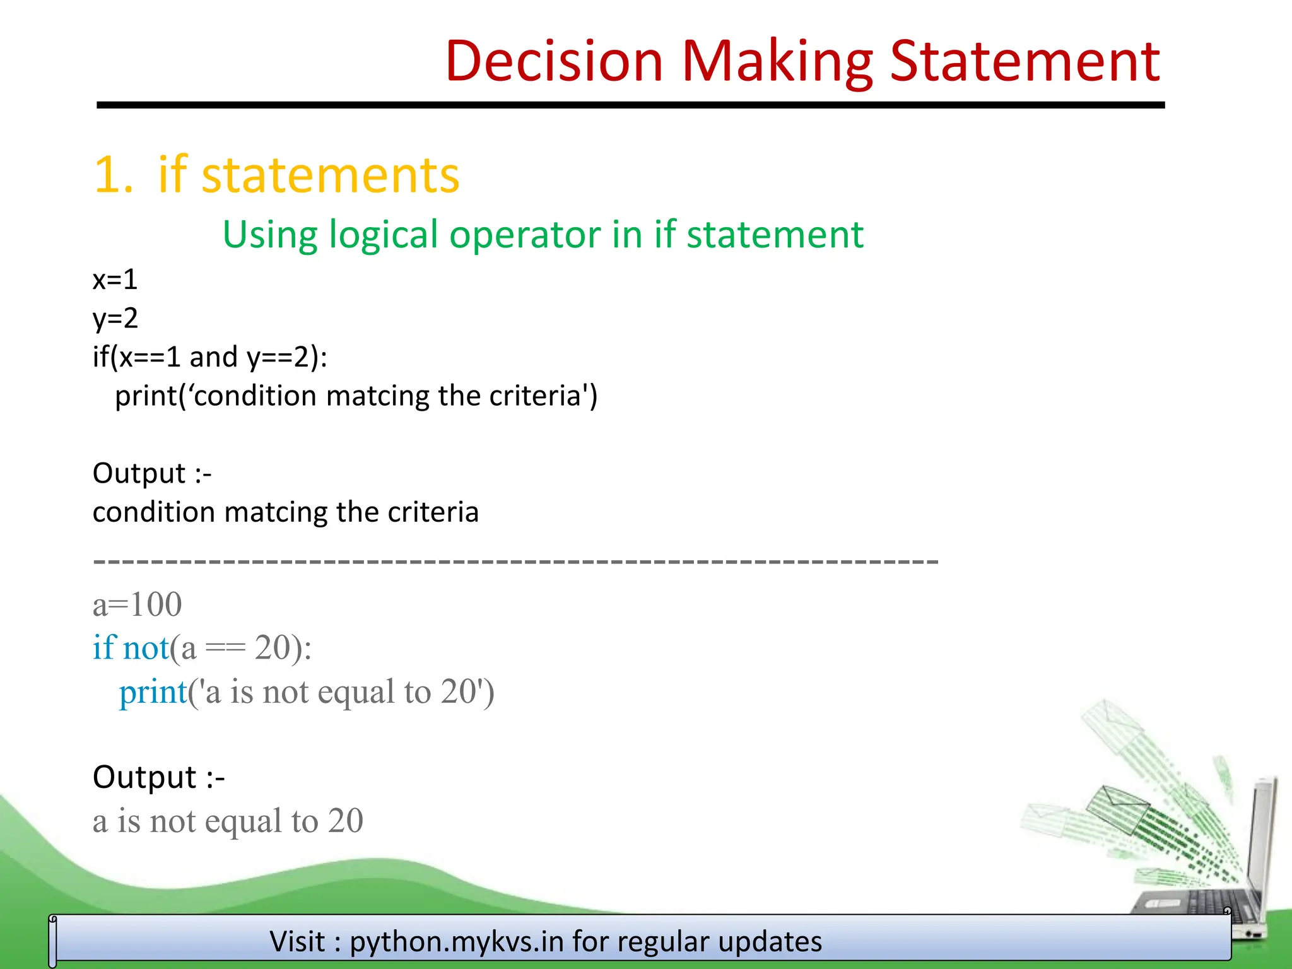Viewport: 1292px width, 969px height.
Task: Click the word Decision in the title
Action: coord(554,61)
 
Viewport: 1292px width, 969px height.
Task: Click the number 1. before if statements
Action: coord(113,175)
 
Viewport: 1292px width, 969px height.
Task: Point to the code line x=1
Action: coord(115,279)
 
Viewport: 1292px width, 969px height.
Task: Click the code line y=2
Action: coord(115,318)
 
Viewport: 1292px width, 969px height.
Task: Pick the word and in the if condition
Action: coord(213,357)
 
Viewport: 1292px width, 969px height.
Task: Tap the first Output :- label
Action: coord(152,473)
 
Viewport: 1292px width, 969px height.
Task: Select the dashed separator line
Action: coord(515,560)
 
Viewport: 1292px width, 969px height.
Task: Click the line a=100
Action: coord(137,604)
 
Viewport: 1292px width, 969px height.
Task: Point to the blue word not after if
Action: coord(146,648)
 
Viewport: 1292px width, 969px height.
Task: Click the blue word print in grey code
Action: coord(153,691)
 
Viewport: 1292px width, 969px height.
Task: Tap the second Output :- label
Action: coord(158,777)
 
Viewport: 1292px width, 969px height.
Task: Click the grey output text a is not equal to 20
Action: coord(228,821)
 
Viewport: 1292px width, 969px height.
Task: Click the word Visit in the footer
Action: coord(297,941)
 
